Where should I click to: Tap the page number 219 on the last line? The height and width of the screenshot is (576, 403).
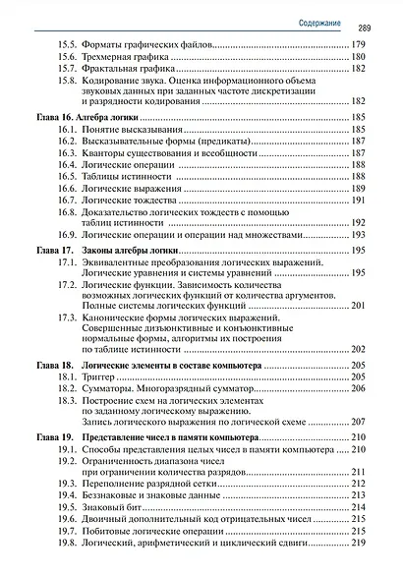tap(358, 542)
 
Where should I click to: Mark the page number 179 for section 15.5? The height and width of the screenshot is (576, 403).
tap(358, 44)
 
